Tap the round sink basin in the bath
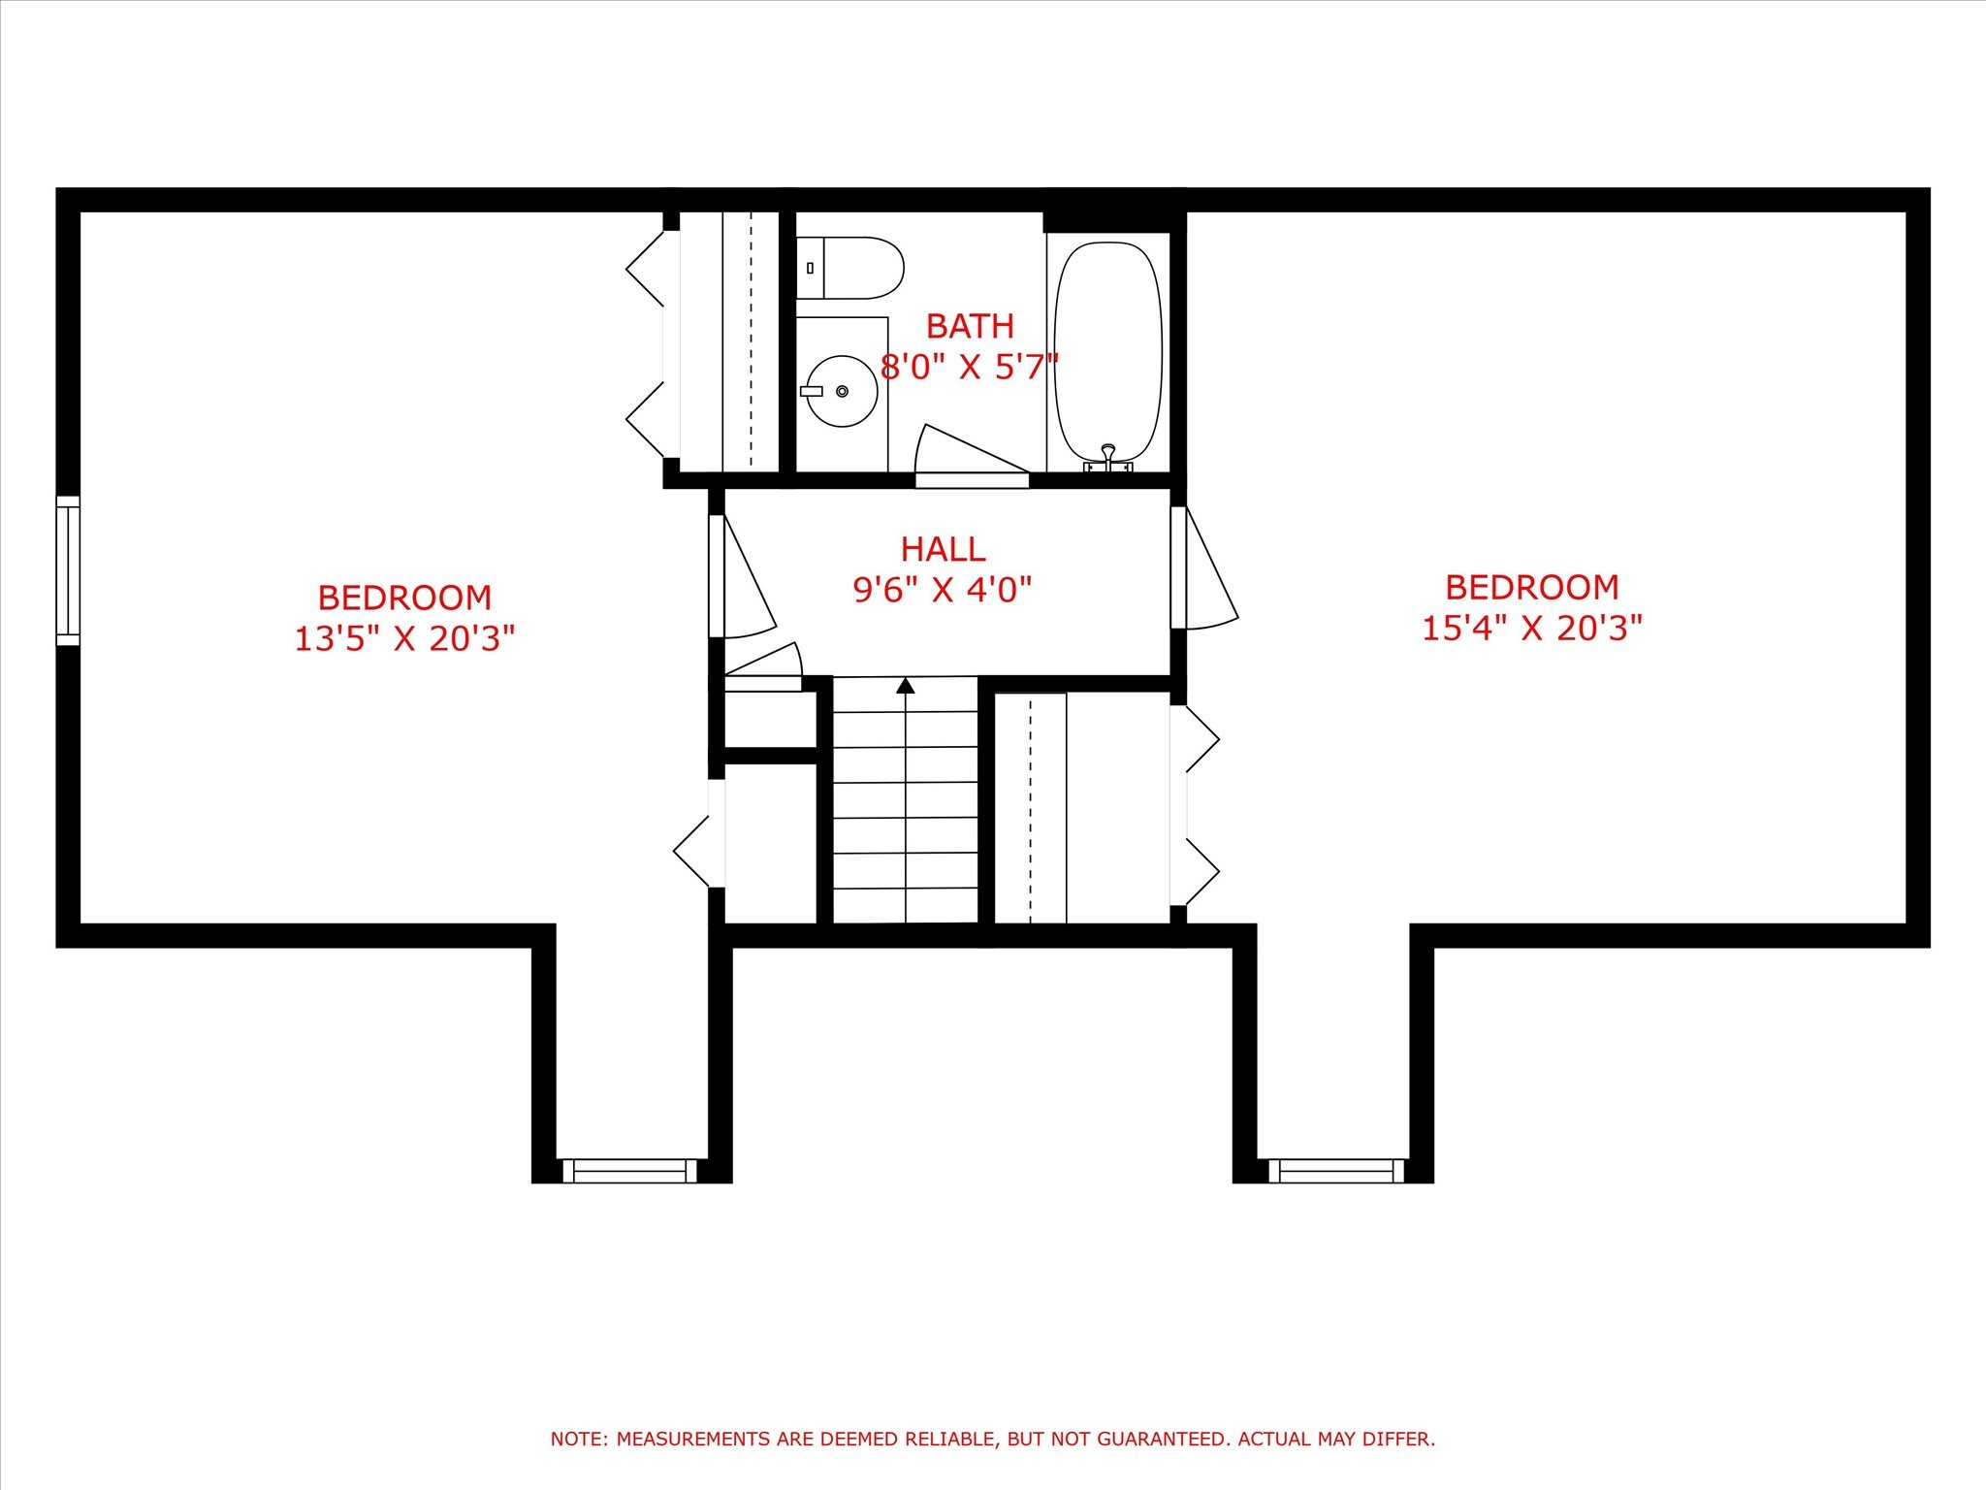[x=842, y=391]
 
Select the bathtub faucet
[x=1108, y=459]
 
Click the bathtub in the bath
[x=1108, y=352]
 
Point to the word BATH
[x=970, y=326]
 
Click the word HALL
[x=943, y=549]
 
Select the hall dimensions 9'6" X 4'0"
[x=943, y=589]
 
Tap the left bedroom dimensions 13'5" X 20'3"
[x=404, y=638]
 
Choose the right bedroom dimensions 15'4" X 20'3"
[x=1532, y=628]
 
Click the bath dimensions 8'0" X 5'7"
[x=970, y=368]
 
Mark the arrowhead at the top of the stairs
[x=906, y=686]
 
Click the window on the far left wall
[x=68, y=570]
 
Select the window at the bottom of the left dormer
[x=629, y=1171]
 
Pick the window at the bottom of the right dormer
[x=1337, y=1171]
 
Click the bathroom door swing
[x=972, y=454]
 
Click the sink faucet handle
[x=812, y=391]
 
